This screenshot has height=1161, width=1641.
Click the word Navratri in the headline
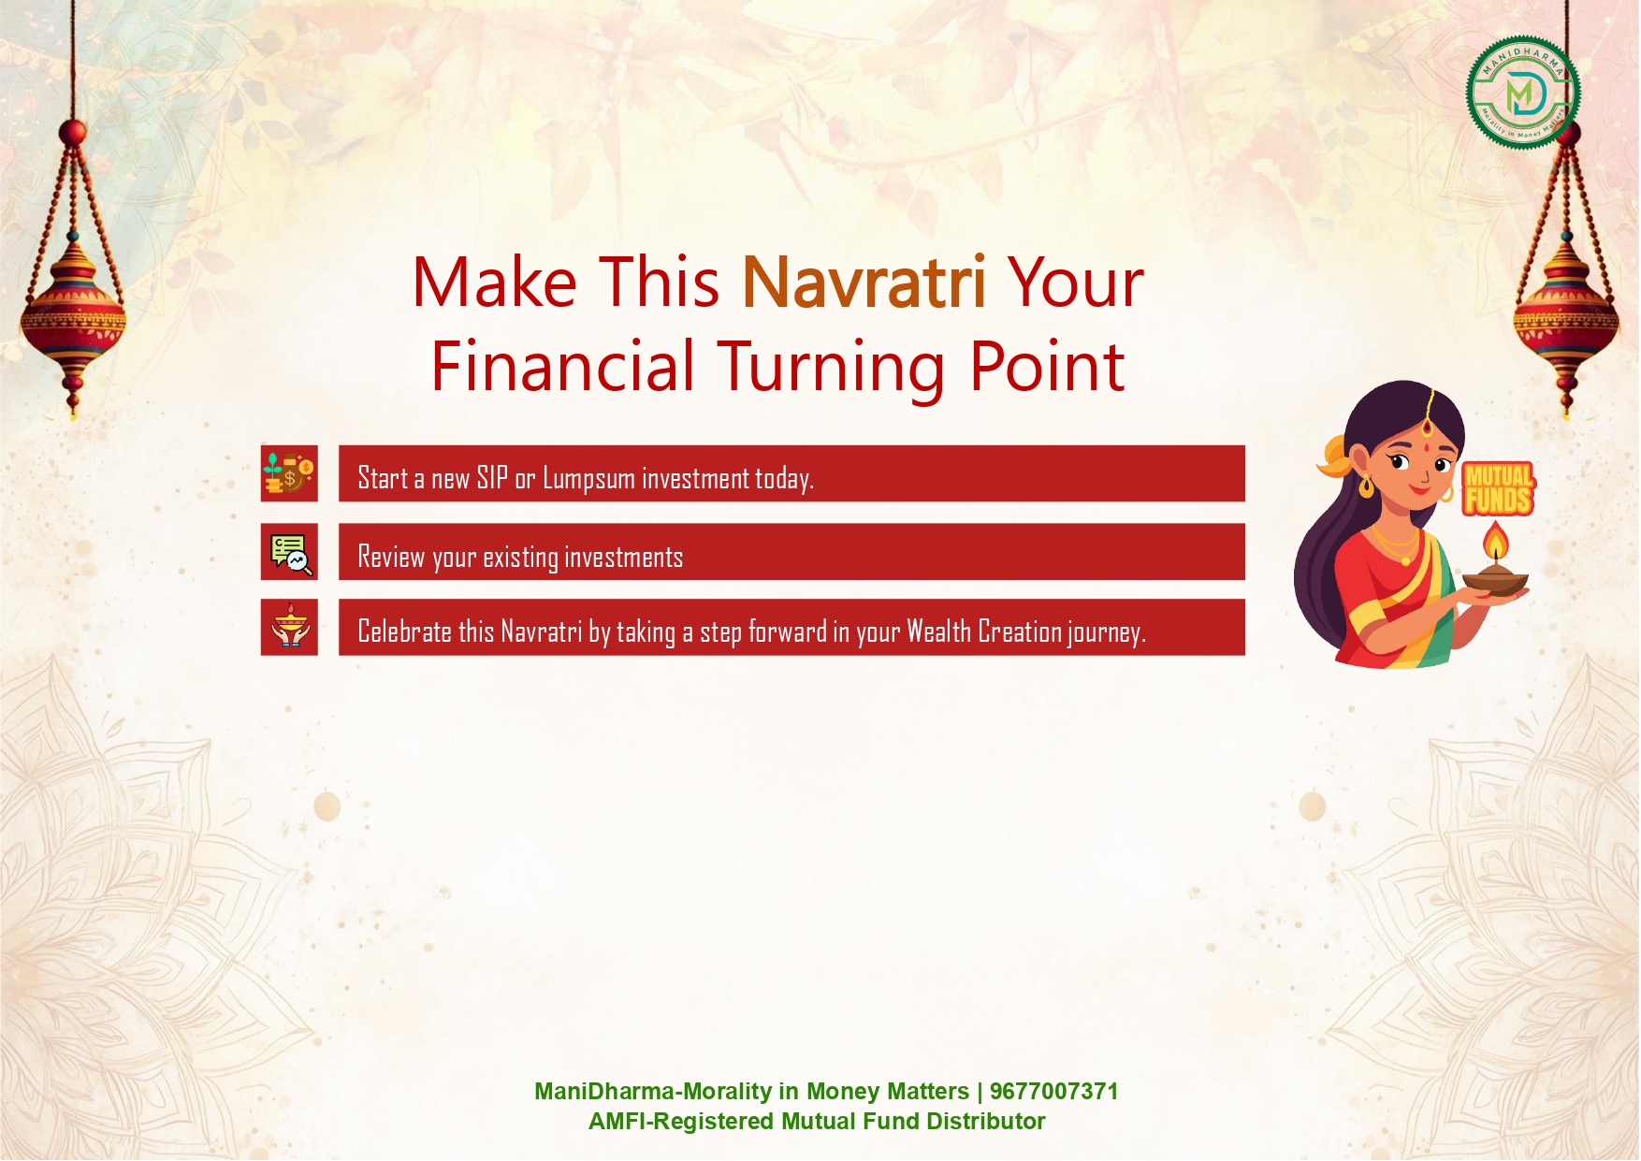864,282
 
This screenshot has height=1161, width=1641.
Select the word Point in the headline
1047,366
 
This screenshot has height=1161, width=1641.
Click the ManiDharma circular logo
1522,93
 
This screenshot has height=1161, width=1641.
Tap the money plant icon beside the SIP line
289,473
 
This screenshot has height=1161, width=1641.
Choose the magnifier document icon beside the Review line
289,552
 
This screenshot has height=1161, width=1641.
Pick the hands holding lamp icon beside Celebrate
289,627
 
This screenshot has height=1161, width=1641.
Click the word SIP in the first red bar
492,478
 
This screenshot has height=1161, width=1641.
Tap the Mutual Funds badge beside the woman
1498,488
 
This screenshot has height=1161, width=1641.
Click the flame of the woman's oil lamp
1496,541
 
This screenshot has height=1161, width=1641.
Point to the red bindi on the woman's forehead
1427,428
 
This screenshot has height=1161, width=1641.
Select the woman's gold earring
1367,485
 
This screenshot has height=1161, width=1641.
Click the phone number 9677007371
1053,1092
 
